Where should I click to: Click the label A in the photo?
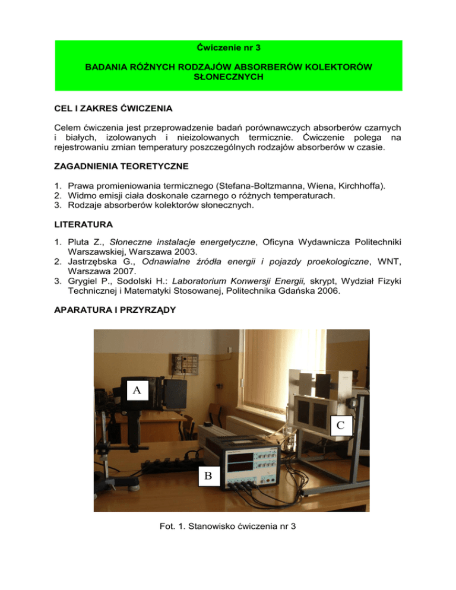(x=137, y=390)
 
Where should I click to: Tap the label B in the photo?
(x=208, y=475)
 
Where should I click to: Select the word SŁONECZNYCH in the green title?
(x=229, y=78)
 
